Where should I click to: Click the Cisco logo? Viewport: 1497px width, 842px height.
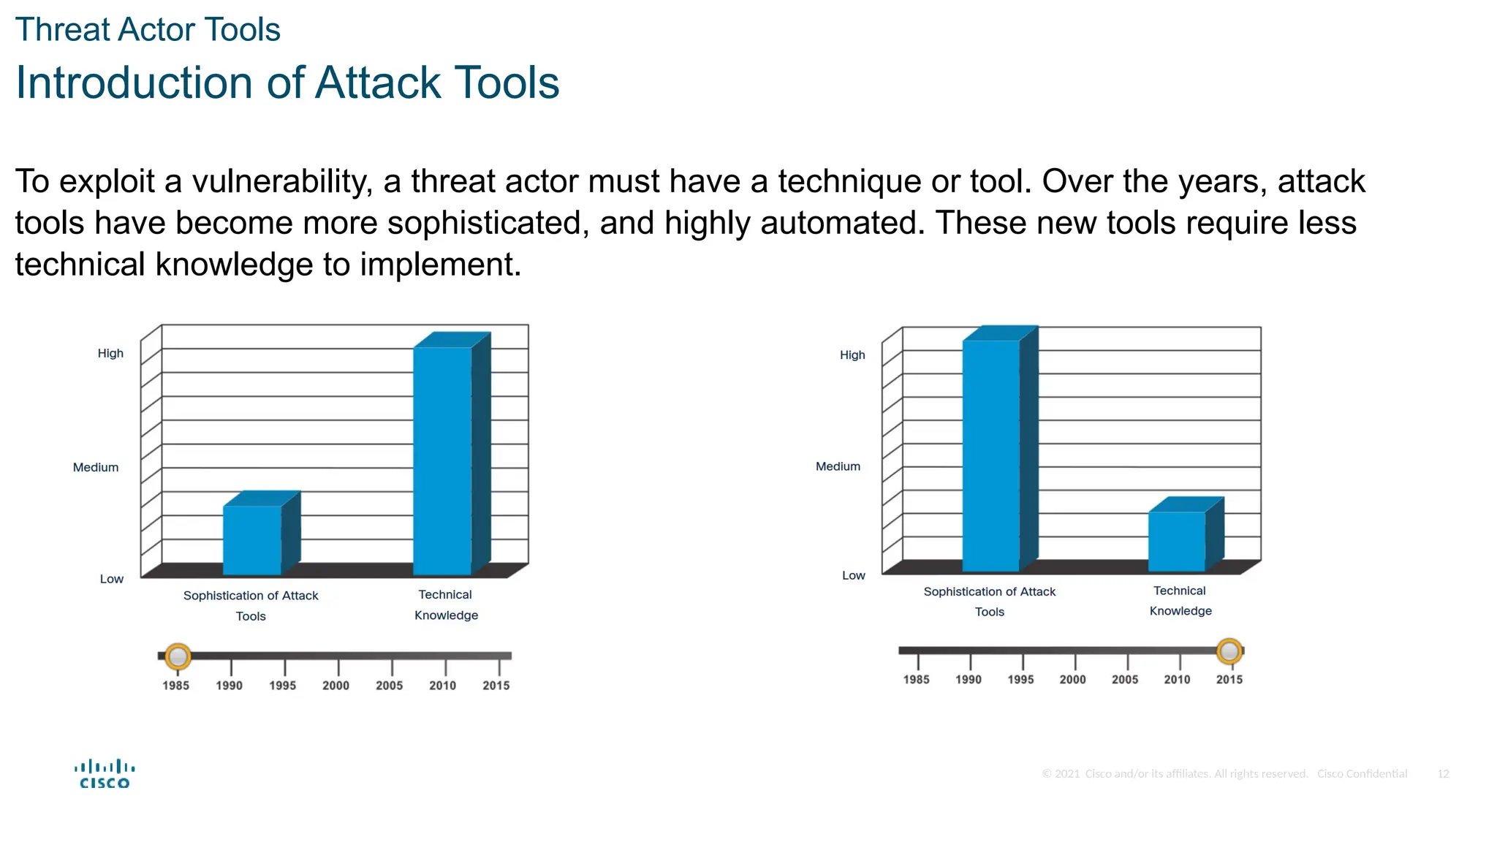click(105, 774)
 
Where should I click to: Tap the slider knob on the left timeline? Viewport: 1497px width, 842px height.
click(178, 656)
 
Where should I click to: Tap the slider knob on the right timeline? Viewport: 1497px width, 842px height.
click(1229, 651)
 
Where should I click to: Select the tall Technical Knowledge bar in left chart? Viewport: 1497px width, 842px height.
click(442, 460)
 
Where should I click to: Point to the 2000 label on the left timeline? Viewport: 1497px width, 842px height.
click(336, 686)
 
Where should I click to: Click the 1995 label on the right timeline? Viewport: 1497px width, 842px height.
click(1020, 680)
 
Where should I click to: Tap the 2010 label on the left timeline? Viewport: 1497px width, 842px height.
click(442, 686)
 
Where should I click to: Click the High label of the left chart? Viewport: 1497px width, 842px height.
click(110, 354)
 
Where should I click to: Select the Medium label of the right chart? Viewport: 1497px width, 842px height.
click(838, 466)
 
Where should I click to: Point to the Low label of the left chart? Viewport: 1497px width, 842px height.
click(112, 579)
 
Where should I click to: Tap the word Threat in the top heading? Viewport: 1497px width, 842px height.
click(62, 30)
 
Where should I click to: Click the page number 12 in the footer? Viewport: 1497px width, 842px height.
click(1443, 774)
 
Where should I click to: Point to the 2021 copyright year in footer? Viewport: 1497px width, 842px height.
click(1067, 774)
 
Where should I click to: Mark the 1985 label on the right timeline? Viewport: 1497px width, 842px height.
click(916, 680)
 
